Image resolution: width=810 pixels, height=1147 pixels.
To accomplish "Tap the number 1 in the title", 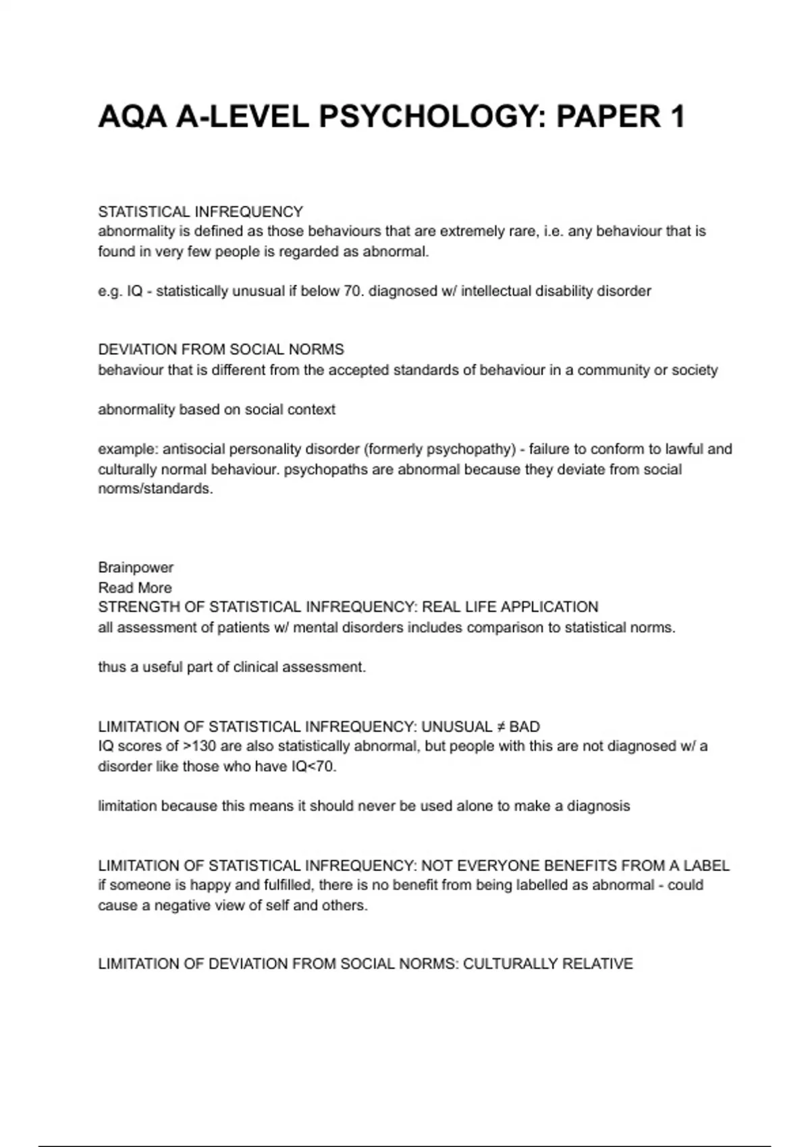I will click(677, 117).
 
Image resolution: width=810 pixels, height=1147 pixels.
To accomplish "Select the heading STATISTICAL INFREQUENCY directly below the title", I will click(200, 212).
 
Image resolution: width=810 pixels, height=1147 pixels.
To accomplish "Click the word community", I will click(610, 370).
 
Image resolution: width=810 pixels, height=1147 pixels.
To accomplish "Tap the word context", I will click(311, 410).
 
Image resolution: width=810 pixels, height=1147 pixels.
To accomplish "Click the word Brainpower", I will click(136, 567).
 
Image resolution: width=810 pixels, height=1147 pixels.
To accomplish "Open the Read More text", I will click(135, 588).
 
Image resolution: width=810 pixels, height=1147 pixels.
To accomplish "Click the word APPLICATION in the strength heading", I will click(548, 607).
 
